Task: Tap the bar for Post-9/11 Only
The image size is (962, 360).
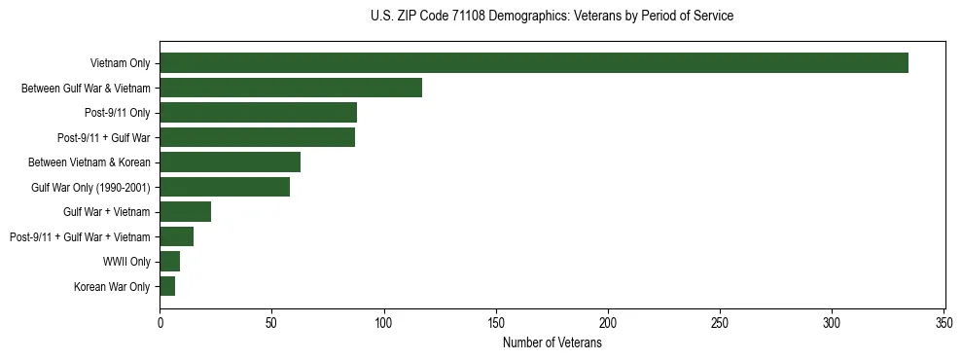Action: tap(258, 113)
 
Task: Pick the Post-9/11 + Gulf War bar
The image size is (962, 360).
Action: tap(257, 137)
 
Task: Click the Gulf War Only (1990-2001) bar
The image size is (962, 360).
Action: tap(225, 187)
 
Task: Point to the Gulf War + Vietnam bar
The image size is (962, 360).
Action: tap(185, 212)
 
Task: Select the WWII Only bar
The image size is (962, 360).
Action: tap(169, 262)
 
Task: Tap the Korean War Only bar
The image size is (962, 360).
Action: tap(167, 286)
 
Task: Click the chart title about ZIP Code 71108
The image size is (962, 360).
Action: tap(552, 17)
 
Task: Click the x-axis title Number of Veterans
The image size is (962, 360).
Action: tap(552, 343)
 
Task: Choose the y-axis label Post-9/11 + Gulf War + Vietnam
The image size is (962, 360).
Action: tap(80, 236)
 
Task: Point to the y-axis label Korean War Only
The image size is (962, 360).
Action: tap(112, 286)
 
